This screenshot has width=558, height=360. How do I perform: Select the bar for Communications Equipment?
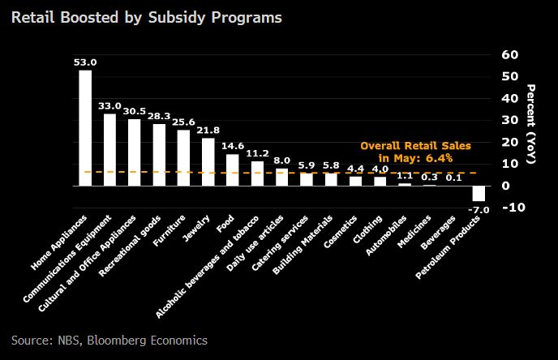[x=110, y=150]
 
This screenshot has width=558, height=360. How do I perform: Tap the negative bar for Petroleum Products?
[x=479, y=193]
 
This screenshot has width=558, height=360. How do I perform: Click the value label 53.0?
[x=85, y=62]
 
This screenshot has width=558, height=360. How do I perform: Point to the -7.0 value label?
[x=479, y=210]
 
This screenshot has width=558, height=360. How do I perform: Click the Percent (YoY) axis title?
[x=532, y=125]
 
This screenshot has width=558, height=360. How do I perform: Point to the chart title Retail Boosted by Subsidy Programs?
[x=147, y=18]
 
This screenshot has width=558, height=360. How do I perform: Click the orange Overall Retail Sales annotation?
[x=406, y=152]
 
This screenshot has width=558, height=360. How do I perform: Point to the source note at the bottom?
[x=109, y=340]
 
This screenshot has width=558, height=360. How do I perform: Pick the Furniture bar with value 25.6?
[x=183, y=158]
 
